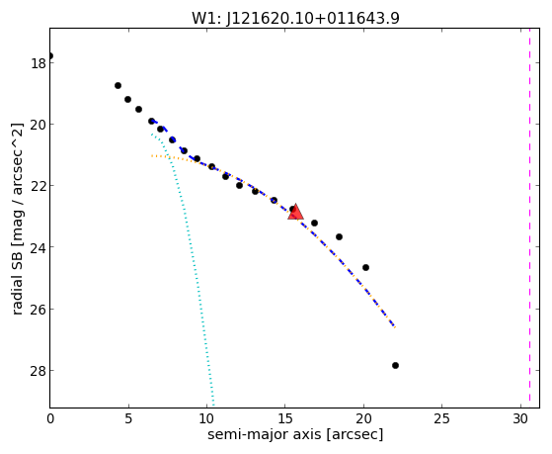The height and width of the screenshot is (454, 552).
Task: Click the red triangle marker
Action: pyautogui.click(x=295, y=212)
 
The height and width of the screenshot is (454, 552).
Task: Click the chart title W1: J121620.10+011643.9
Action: pyautogui.click(x=295, y=18)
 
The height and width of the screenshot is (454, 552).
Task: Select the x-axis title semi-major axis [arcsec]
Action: pyautogui.click(x=295, y=434)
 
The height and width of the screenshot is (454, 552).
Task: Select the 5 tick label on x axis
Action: pyautogui.click(x=128, y=418)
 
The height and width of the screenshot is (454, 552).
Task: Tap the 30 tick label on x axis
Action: pyautogui.click(x=520, y=418)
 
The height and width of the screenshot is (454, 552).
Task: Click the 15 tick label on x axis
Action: pyautogui.click(x=285, y=418)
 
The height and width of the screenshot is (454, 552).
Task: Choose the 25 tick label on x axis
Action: pyautogui.click(x=441, y=418)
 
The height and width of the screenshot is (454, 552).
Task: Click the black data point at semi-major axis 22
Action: pyautogui.click(x=395, y=365)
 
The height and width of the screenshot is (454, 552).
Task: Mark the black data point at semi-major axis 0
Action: pyautogui.click(x=50, y=55)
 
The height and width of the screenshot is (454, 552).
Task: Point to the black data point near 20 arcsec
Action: pyautogui.click(x=365, y=267)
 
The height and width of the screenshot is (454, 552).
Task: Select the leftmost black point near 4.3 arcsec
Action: pyautogui.click(x=118, y=85)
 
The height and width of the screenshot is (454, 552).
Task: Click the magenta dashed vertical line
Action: pyautogui.click(x=529, y=218)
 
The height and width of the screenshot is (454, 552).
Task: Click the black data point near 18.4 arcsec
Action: pyautogui.click(x=339, y=236)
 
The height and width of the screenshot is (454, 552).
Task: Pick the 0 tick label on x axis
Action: pyautogui.click(x=50, y=418)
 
